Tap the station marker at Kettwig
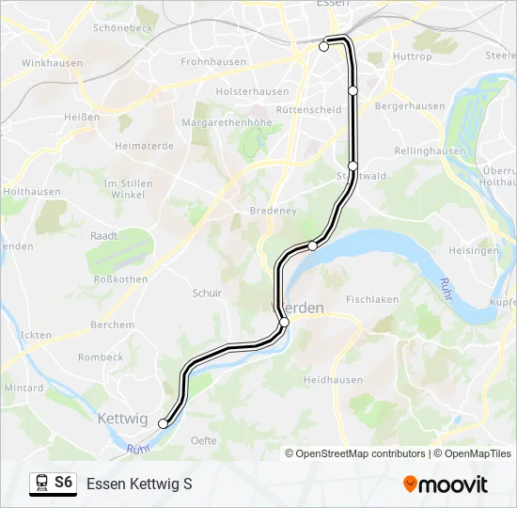163,424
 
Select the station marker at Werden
284,322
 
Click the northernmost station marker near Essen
324,45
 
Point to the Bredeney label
273,211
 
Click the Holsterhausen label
253,91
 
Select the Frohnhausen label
213,62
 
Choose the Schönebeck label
123,28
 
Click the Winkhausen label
52,63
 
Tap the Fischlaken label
372,299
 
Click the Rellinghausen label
431,151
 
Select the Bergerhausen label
410,106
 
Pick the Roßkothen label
117,279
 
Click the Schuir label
207,294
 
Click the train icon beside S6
41,484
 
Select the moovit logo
446,484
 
